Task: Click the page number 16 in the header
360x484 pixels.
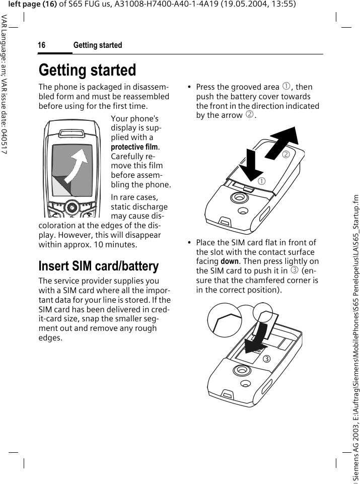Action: click(41, 45)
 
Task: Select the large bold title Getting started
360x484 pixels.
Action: click(87, 70)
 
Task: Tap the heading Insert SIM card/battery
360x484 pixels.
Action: click(99, 265)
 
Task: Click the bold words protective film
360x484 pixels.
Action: click(135, 147)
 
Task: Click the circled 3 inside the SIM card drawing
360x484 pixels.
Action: click(266, 358)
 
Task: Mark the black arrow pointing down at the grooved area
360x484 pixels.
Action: click(250, 169)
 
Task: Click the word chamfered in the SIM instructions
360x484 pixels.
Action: click(273, 281)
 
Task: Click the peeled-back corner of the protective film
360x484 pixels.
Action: click(61, 187)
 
